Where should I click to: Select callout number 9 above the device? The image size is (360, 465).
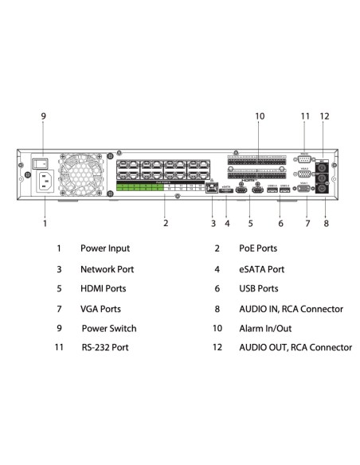44,117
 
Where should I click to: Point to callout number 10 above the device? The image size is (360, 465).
260,117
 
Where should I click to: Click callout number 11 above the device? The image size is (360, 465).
304,117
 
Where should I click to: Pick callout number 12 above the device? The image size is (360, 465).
324,117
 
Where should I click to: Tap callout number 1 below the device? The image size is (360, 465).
45,224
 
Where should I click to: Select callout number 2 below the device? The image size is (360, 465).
166,224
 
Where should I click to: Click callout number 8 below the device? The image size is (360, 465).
326,224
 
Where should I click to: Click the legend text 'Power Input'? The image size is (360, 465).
105,249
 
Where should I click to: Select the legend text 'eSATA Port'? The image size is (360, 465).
261,269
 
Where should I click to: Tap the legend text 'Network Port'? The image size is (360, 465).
108,269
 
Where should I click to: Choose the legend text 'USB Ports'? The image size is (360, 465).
259,289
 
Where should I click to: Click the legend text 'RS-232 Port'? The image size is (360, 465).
105,348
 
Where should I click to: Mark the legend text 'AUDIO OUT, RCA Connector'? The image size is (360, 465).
295,348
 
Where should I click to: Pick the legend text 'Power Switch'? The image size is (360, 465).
109,328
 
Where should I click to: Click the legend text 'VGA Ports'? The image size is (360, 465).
101,309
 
